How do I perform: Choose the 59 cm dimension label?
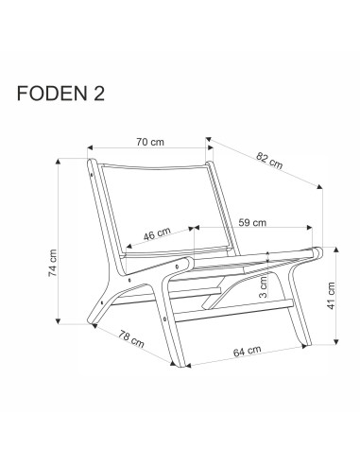tap(251, 223)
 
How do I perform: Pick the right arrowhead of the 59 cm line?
tap(310, 228)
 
